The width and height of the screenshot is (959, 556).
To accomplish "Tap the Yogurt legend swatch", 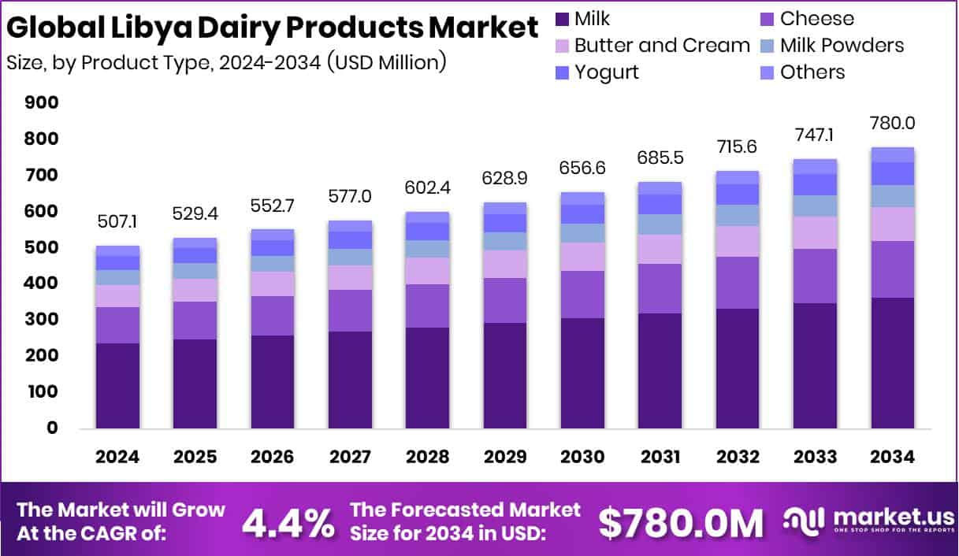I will (x=562, y=72).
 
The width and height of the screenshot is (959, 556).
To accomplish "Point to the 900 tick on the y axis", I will (x=42, y=103).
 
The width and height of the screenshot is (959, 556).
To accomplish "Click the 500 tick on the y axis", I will (x=42, y=248).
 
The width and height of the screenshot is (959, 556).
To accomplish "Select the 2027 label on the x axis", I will (x=350, y=458).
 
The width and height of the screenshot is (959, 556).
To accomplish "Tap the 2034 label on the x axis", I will (x=893, y=458).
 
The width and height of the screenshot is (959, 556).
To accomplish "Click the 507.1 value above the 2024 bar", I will (x=117, y=224).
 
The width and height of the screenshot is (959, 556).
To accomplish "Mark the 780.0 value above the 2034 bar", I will (x=893, y=124).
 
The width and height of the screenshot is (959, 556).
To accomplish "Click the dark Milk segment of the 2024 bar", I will (x=117, y=386).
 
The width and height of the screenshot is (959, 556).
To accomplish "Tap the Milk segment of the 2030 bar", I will (x=582, y=373).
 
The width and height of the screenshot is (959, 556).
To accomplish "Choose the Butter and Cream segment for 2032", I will (x=738, y=242).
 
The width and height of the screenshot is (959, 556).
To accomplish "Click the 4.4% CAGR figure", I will (x=287, y=523).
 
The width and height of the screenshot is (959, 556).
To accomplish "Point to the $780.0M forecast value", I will (x=681, y=523).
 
